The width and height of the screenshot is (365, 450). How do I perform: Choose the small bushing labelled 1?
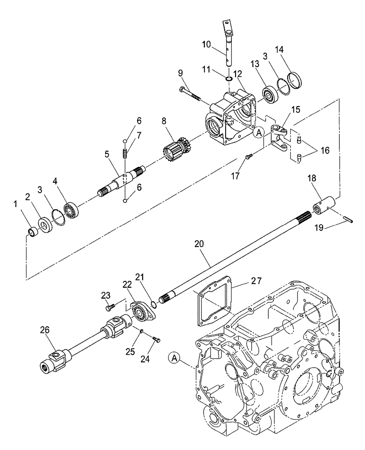coord(32,232)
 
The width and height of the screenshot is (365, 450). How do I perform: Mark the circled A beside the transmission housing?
coord(175,358)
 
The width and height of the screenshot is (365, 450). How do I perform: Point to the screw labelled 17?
coord(249,156)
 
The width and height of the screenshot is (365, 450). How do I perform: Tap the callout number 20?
coord(199,244)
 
